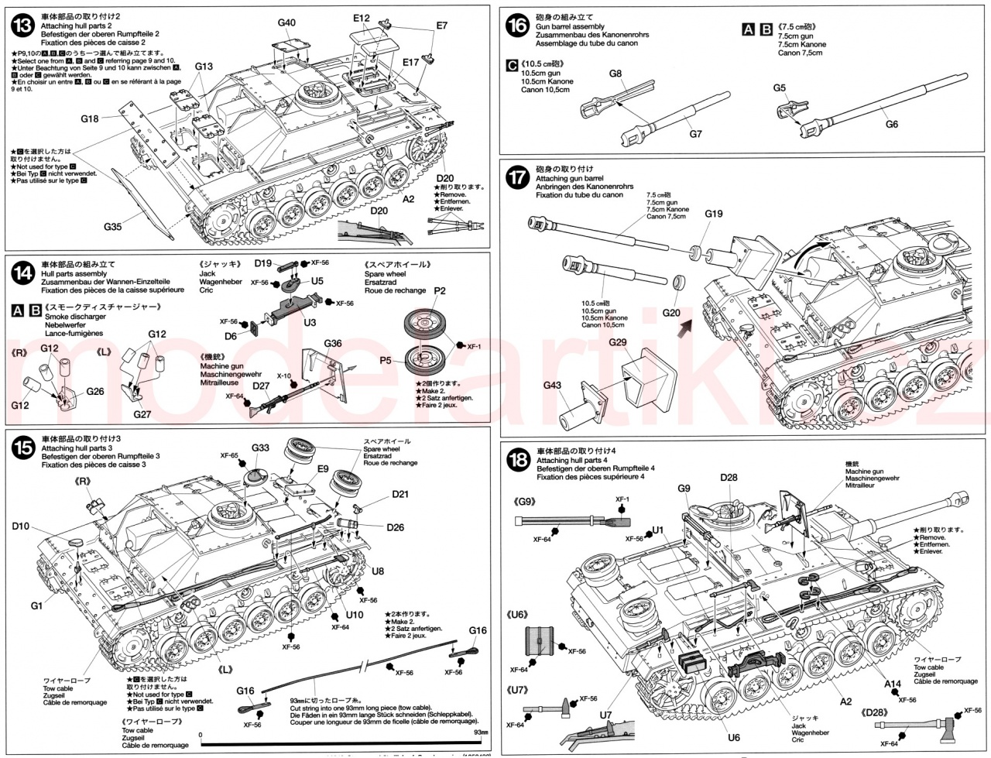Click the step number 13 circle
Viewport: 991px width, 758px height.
coord(23,26)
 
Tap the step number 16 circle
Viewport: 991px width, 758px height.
coord(517,26)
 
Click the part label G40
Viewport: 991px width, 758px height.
coord(286,23)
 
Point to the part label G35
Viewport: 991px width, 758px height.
coord(114,227)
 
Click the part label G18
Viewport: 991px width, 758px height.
coord(89,118)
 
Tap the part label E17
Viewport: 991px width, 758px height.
coord(410,61)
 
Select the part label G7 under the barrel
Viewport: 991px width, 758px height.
coord(694,134)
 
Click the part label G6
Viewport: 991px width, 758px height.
coord(891,124)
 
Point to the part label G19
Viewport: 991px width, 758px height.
coord(714,214)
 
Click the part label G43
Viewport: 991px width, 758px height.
coord(552,385)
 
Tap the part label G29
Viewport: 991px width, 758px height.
coord(618,341)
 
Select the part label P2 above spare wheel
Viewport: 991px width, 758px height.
coord(440,290)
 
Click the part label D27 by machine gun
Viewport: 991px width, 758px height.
coord(261,386)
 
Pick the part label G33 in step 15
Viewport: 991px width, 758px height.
coord(260,448)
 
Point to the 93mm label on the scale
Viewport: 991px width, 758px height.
coord(481,732)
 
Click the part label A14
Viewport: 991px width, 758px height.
coord(893,684)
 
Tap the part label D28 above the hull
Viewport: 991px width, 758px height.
coord(728,477)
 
